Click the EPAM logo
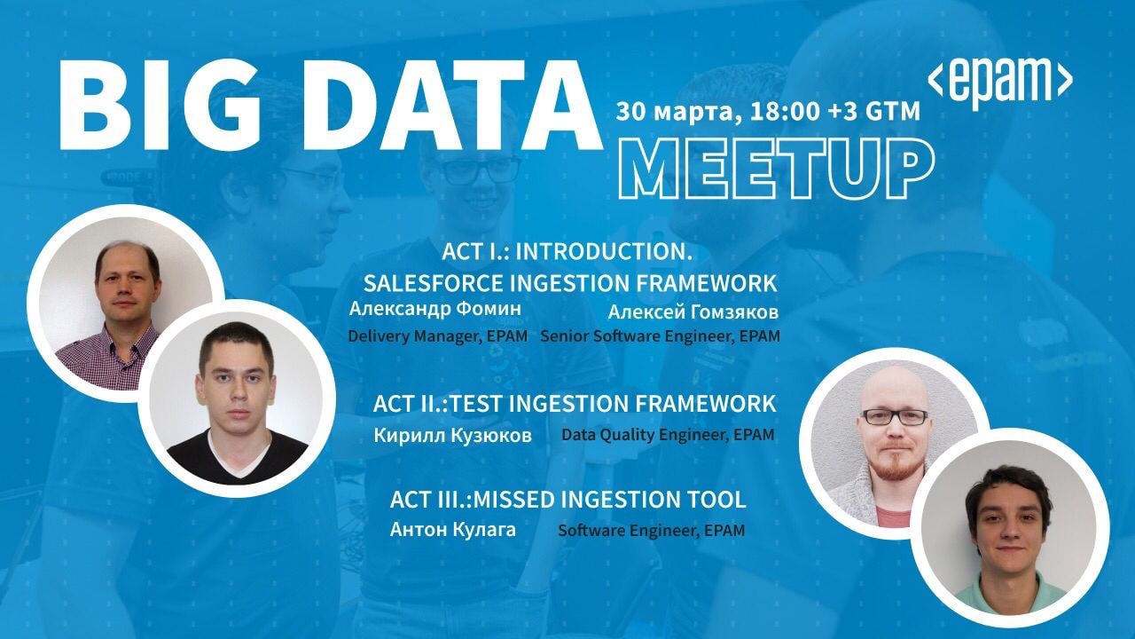tap(999, 83)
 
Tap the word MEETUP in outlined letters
tap(776, 169)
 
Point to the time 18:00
tap(783, 112)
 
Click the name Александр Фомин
tap(434, 309)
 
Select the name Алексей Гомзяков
tap(693, 312)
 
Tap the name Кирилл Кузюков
tap(452, 436)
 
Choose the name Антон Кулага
tap(453, 530)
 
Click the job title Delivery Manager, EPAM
tap(438, 335)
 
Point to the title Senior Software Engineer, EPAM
tap(661, 335)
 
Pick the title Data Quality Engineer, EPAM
tap(668, 435)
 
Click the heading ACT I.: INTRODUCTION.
tap(567, 251)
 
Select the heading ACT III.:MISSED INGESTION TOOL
tap(568, 500)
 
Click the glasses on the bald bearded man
tap(895, 417)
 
